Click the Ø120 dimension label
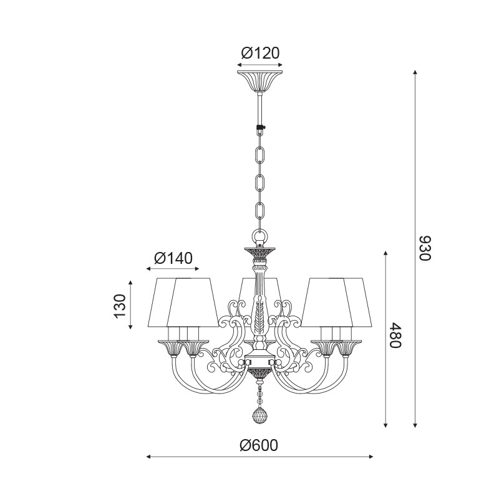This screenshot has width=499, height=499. click(x=260, y=53)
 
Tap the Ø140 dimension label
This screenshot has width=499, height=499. click(x=173, y=258)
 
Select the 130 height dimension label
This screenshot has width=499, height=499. click(x=120, y=306)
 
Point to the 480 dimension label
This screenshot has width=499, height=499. click(x=397, y=335)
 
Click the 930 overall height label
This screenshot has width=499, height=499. click(x=425, y=248)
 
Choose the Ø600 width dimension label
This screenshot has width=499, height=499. click(x=259, y=445)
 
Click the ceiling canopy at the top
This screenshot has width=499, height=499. click(x=260, y=82)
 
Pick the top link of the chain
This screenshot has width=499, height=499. click(x=260, y=155)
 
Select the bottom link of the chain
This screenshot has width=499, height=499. click(x=260, y=211)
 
